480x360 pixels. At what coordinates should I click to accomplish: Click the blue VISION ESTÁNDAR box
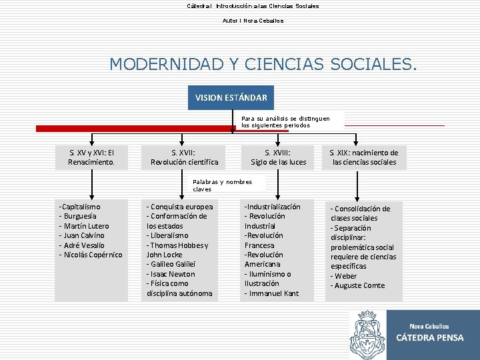pos(231,97)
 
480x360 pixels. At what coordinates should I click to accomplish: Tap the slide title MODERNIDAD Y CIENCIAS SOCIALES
pos(264,64)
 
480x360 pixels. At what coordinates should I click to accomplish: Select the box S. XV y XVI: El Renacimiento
pos(91,157)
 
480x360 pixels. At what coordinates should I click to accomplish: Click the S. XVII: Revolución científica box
pos(185,157)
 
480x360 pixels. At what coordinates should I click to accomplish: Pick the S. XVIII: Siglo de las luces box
pos(278,157)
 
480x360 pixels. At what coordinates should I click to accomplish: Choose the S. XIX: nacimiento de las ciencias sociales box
pos(364,157)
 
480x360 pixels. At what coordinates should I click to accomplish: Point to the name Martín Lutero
pos(85,226)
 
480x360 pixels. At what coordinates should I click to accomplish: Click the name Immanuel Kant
pos(273,293)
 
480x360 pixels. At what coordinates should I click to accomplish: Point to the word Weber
pos(347,276)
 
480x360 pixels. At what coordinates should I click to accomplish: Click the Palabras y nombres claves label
pos(222,185)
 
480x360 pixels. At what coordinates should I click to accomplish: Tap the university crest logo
pos(367,334)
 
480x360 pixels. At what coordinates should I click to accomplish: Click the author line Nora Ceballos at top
pos(253,21)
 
